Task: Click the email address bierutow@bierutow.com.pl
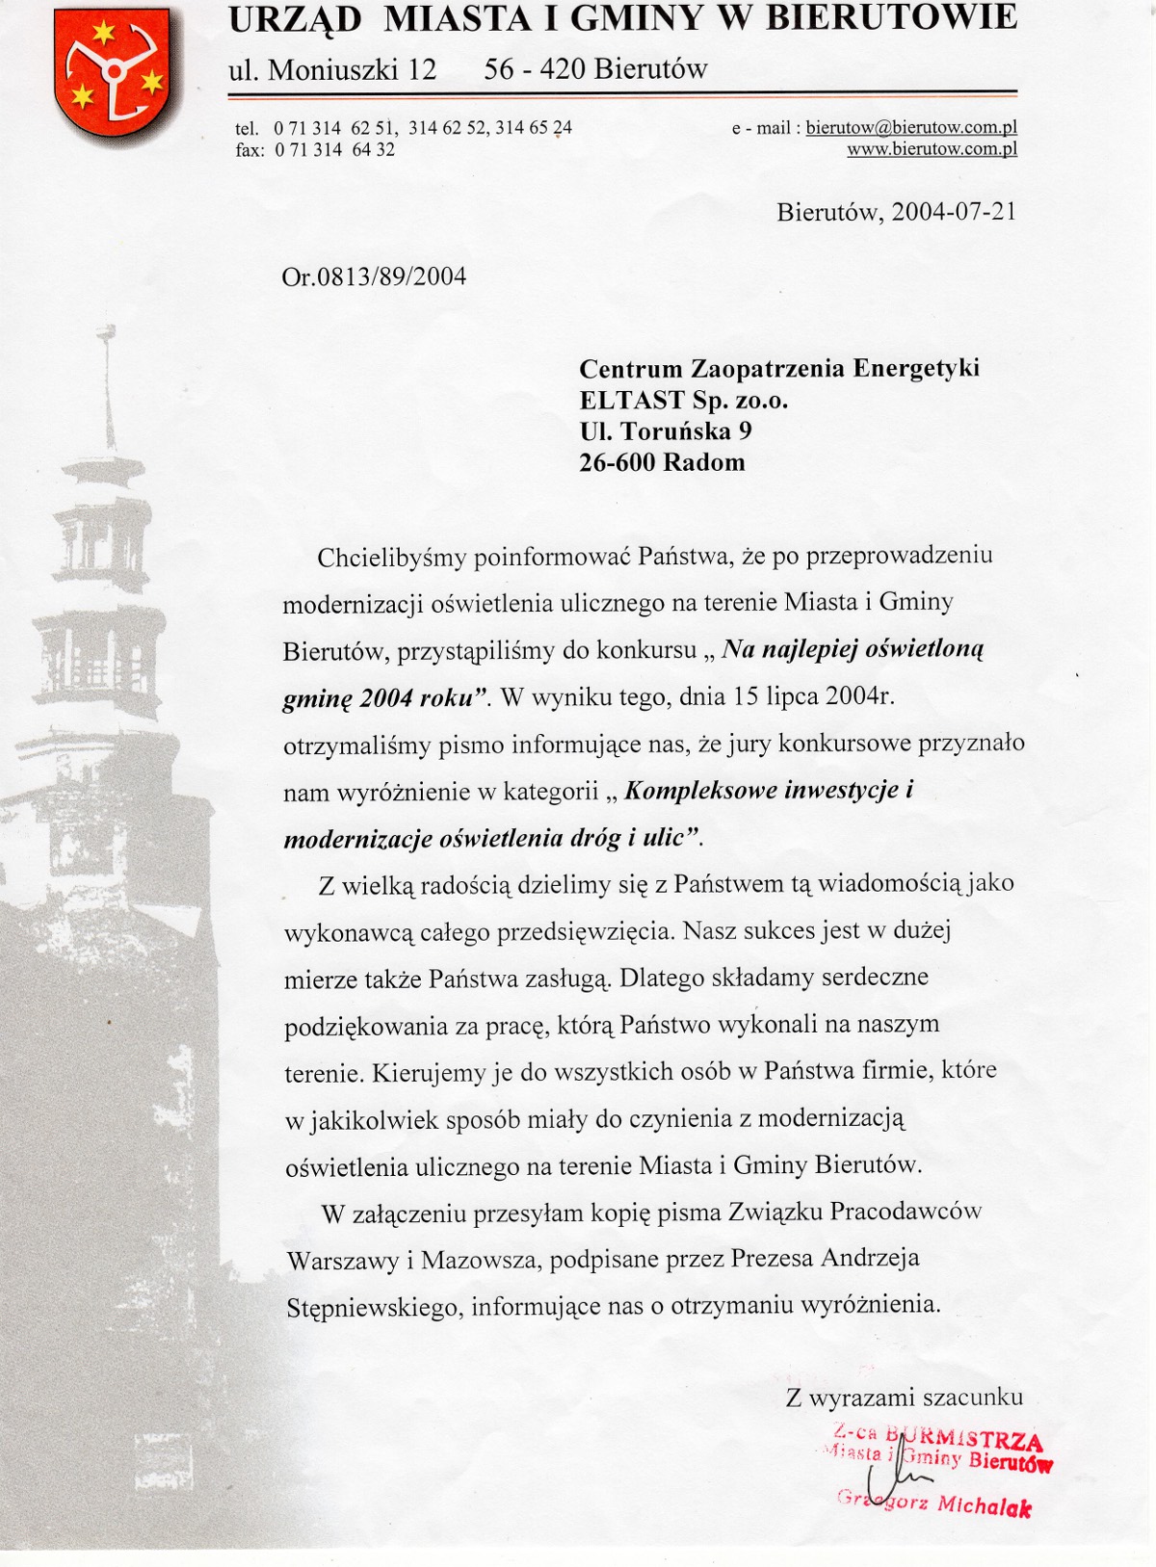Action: click(911, 127)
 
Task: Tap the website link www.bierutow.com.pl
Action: click(932, 149)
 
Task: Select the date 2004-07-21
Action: click(953, 211)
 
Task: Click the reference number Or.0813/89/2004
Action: click(374, 277)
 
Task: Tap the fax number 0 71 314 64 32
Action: click(334, 150)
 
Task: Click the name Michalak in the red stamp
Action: click(984, 1505)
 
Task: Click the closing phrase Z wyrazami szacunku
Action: click(905, 1397)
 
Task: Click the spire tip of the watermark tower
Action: click(107, 333)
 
